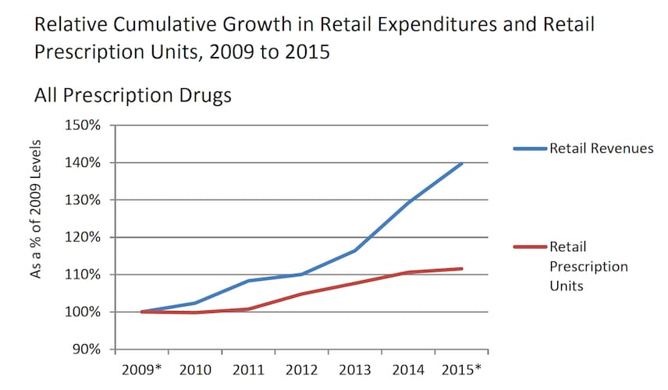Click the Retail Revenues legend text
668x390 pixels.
[x=601, y=148]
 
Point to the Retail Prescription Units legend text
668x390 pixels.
[x=588, y=267]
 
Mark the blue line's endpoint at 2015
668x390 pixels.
[x=463, y=163]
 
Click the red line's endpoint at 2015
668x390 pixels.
[x=463, y=268]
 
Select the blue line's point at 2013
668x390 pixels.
[x=356, y=250]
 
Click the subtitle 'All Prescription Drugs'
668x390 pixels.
[x=133, y=97]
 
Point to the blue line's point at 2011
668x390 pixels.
[x=248, y=281]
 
